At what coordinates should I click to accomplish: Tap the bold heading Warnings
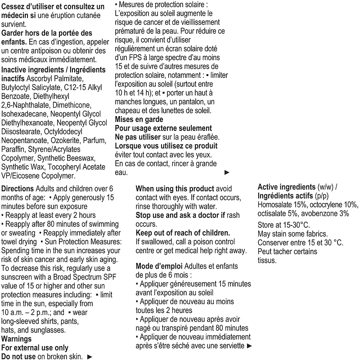[x=17, y=339]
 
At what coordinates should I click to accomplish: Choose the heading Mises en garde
[x=139, y=120]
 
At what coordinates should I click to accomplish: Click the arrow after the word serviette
[x=250, y=346]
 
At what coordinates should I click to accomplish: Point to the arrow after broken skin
[x=89, y=357]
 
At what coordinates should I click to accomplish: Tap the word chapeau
[x=130, y=111]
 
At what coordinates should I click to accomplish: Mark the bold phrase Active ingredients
[x=286, y=187]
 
